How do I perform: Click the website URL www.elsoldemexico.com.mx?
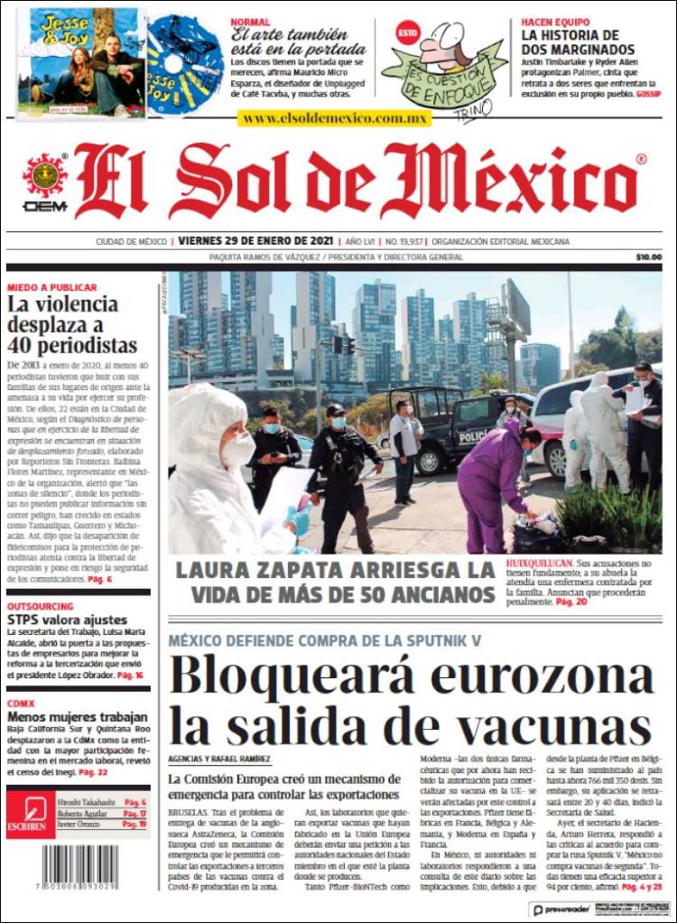point(334,118)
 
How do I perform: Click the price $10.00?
point(648,257)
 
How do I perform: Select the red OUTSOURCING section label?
point(41,607)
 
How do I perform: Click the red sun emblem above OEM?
point(44,175)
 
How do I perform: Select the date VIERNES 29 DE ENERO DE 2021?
point(255,242)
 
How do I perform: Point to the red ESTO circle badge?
point(407,33)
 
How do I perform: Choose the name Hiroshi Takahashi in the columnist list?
point(88,802)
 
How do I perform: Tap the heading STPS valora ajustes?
point(67,620)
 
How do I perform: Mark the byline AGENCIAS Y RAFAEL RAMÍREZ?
point(219,760)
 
